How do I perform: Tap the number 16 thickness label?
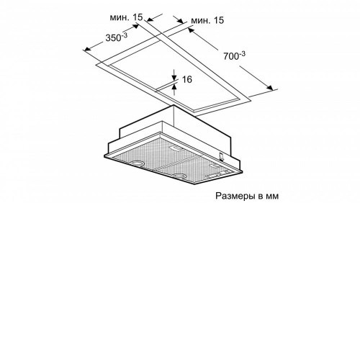pyautogui.click(x=187, y=79)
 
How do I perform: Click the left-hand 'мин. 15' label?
pyautogui.click(x=126, y=17)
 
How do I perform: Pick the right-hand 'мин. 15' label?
pyautogui.click(x=207, y=20)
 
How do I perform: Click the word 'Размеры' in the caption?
pyautogui.click(x=235, y=196)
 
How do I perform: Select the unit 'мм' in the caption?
pyautogui.click(x=272, y=197)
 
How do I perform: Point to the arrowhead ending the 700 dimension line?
pyautogui.click(x=270, y=88)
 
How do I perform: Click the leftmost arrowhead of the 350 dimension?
pyautogui.click(x=87, y=49)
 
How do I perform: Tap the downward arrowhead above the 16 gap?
pyautogui.click(x=174, y=77)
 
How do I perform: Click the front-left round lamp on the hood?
pyautogui.click(x=138, y=163)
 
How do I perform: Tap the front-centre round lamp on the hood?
pyautogui.click(x=179, y=176)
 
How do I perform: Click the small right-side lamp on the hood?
pyautogui.click(x=213, y=166)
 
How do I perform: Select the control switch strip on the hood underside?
pyautogui.click(x=217, y=175)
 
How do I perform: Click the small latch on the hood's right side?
pyautogui.click(x=221, y=156)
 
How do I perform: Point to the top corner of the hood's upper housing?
pyautogui.click(x=174, y=105)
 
